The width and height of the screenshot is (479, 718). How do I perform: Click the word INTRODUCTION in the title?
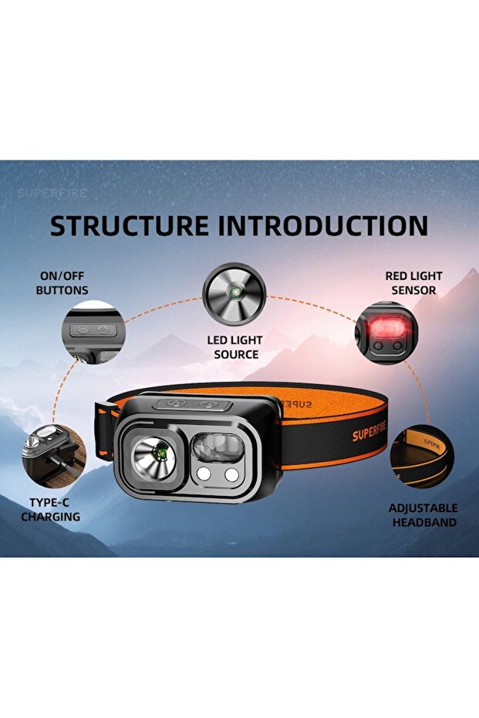point(322,225)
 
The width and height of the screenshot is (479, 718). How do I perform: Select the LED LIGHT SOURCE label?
point(234,347)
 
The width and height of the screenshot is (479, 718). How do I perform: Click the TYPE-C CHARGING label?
point(50,510)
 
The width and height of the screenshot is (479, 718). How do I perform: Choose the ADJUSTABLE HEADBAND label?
point(423,515)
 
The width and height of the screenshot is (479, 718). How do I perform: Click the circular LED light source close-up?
point(234,294)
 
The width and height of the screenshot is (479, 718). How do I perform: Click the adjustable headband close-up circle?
point(421,457)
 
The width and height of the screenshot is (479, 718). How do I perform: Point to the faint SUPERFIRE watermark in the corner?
point(52,193)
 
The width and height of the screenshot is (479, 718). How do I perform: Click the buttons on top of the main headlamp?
point(193,403)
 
